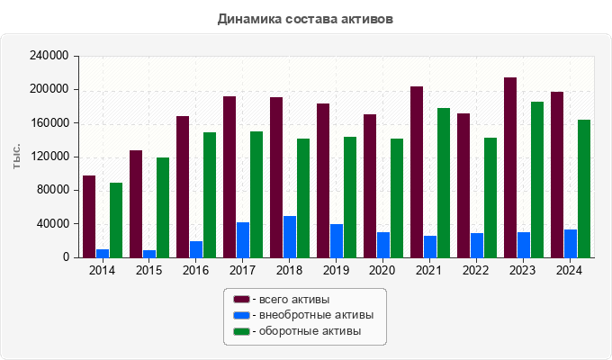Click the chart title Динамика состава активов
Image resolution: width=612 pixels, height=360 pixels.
(x=305, y=18)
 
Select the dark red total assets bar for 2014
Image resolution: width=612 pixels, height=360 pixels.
(x=89, y=216)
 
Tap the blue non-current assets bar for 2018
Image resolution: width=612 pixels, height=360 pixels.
(x=290, y=237)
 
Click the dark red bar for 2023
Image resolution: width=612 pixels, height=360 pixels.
(x=510, y=167)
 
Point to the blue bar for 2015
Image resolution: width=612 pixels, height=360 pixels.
(x=149, y=253)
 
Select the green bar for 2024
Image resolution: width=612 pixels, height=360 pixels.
(x=584, y=188)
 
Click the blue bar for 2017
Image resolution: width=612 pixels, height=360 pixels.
(x=243, y=239)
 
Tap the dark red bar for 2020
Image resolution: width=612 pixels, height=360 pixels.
(x=370, y=185)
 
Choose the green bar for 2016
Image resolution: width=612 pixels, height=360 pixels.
(x=210, y=194)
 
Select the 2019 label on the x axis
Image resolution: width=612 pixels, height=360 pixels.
(x=335, y=271)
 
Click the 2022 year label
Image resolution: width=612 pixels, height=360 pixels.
(x=475, y=271)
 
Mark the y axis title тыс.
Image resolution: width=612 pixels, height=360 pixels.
(x=17, y=156)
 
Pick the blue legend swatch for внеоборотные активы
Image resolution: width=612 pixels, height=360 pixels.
(x=241, y=315)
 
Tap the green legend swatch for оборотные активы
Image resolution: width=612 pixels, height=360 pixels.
(x=241, y=332)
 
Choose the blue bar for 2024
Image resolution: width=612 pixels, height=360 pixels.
(x=571, y=243)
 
